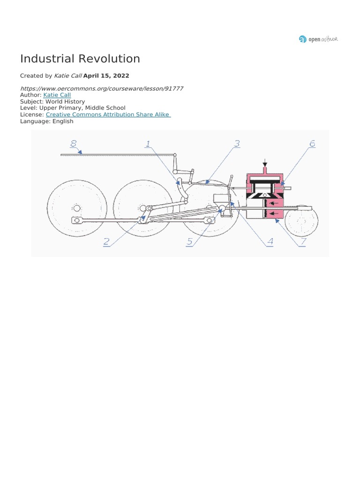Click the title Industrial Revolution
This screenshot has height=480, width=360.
tap(80, 59)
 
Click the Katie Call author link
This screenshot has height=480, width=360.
tap(57, 95)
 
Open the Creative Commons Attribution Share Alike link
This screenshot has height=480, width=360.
tap(108, 114)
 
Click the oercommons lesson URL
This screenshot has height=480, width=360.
tap(102, 88)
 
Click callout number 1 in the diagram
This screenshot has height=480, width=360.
tap(148, 143)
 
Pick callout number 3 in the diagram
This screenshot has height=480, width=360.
tap(237, 143)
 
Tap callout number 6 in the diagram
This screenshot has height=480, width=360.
tap(312, 143)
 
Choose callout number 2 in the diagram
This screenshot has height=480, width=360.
tap(106, 242)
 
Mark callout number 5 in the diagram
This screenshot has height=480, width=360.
tap(190, 242)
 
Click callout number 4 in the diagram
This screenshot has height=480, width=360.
tap(270, 242)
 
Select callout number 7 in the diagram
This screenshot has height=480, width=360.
tap(303, 242)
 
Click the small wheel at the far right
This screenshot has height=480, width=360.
tap(302, 221)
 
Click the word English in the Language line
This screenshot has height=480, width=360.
tap(63, 121)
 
